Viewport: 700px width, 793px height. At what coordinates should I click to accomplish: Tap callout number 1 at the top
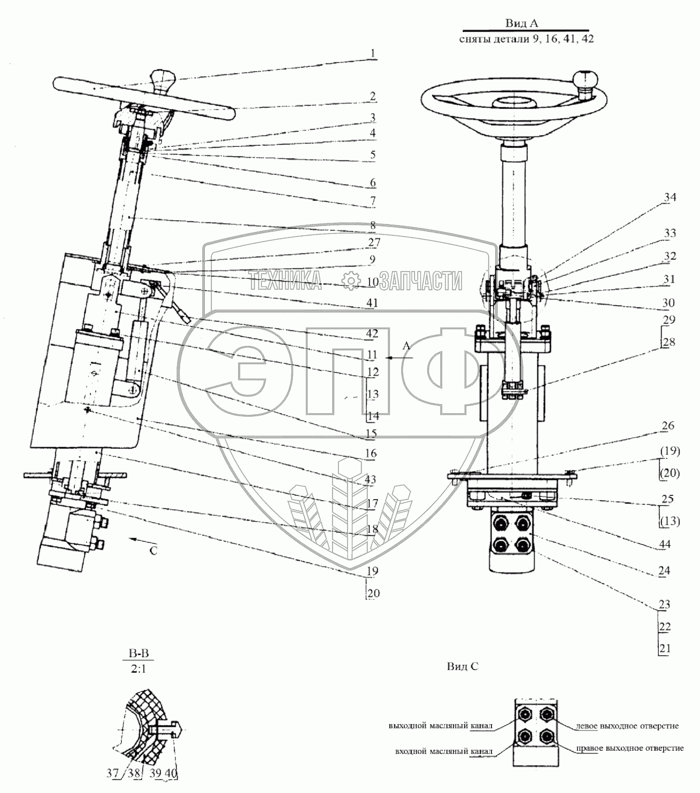pos(373,54)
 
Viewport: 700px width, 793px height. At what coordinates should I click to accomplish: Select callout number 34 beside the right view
pos(670,198)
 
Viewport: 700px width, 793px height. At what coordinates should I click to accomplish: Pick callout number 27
pos(374,242)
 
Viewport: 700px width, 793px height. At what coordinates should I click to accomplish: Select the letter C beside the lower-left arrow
pos(153,551)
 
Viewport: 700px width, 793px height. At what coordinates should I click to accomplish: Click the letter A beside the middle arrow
pos(406,346)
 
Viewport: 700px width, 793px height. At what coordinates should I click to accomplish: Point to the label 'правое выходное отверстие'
pos(630,748)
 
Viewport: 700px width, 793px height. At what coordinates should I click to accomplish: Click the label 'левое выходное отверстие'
pos(627,726)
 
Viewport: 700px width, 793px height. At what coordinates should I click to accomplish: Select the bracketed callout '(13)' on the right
pos(669,521)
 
